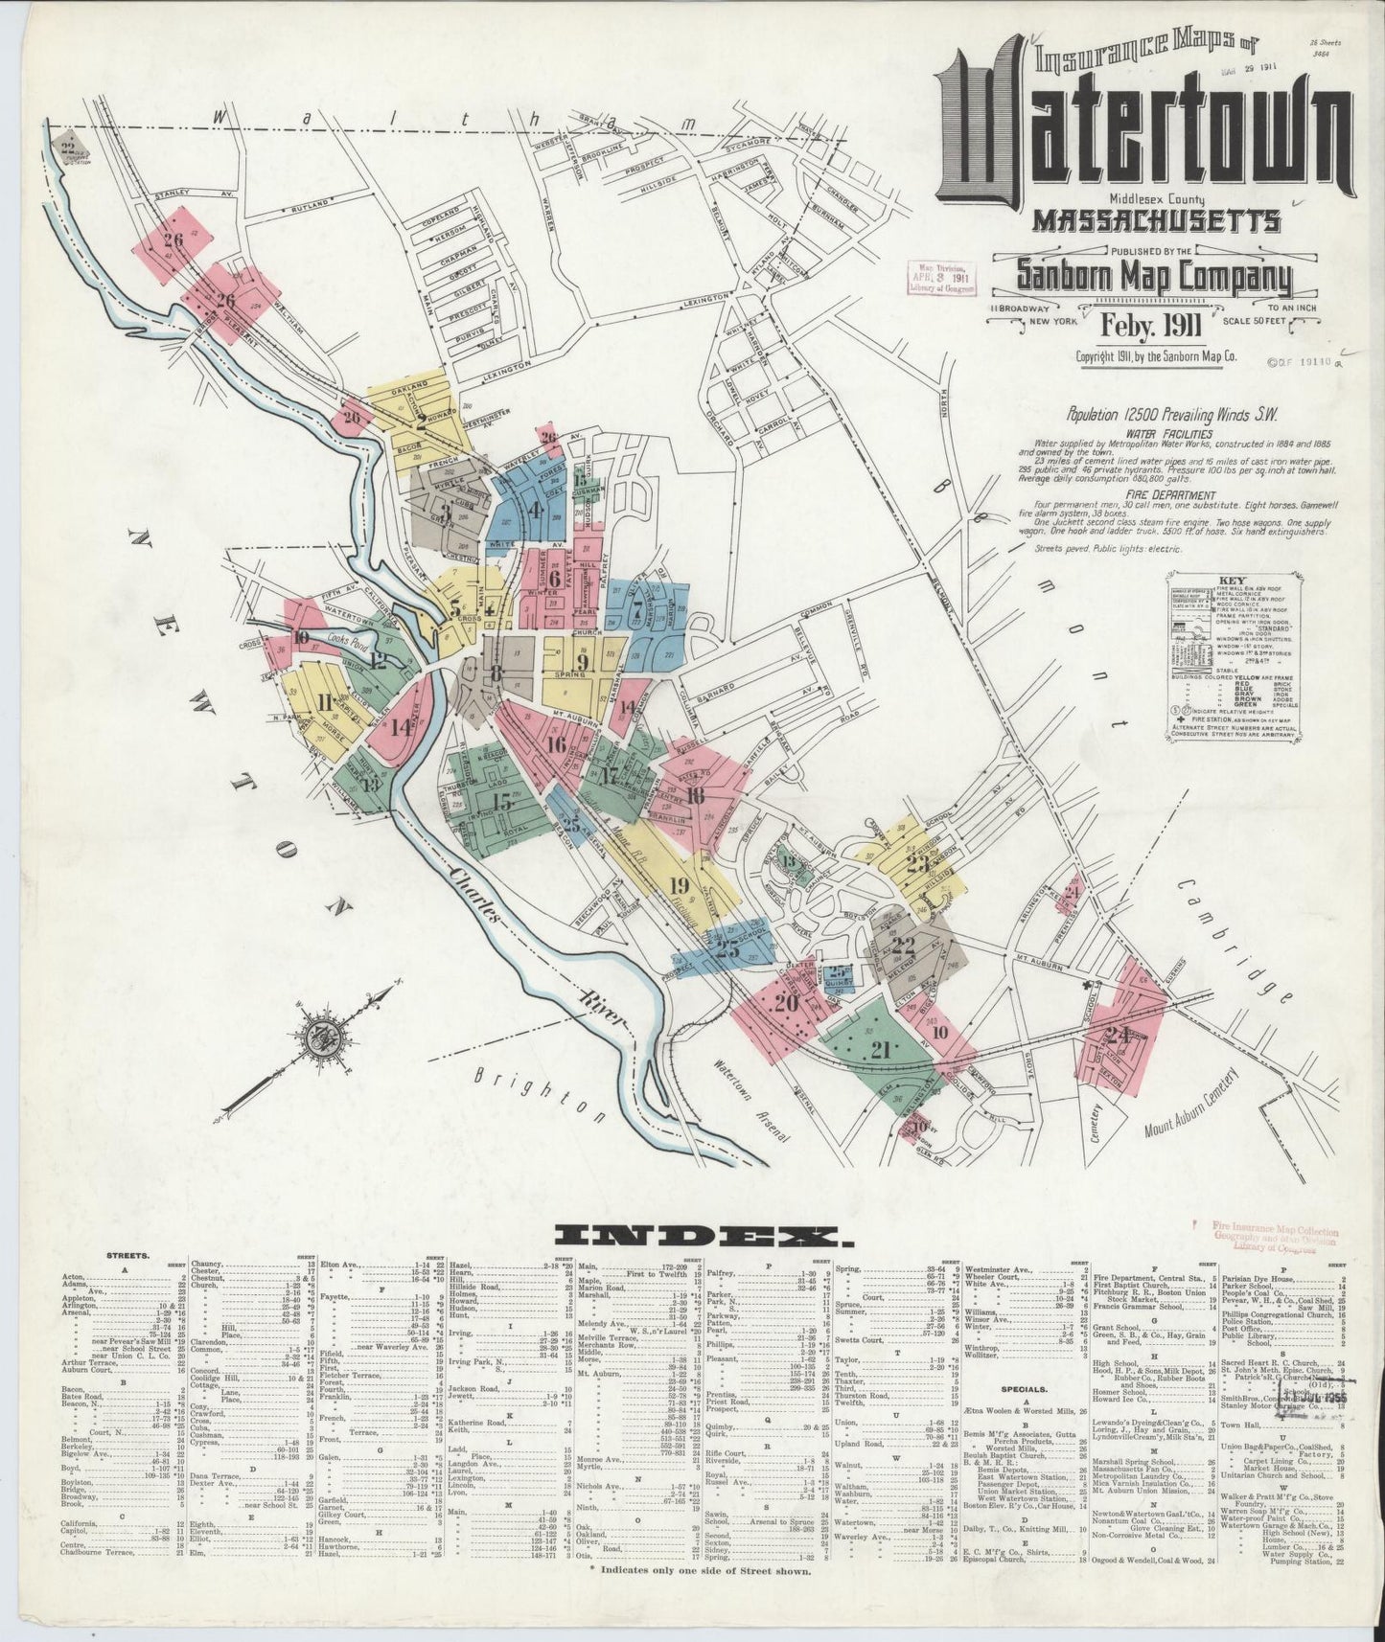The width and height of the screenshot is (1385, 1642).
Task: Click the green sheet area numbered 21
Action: click(x=874, y=1049)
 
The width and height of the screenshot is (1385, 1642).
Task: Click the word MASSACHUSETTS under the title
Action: click(x=1156, y=219)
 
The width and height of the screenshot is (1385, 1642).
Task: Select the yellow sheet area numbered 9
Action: click(x=581, y=661)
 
